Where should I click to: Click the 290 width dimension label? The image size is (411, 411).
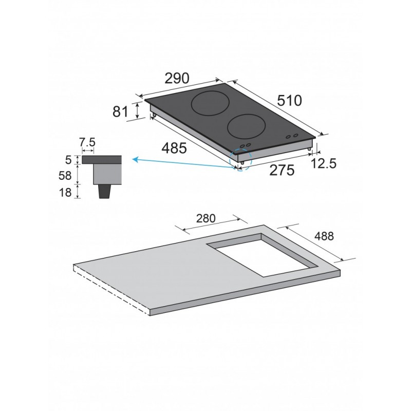(177, 78)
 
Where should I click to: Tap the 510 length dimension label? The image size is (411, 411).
(289, 100)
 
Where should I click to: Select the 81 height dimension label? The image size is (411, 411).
(120, 111)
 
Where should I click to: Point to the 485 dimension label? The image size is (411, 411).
(174, 148)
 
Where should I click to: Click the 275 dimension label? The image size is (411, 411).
(282, 171)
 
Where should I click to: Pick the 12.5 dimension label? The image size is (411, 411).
(324, 163)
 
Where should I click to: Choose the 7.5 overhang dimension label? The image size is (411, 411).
(87, 143)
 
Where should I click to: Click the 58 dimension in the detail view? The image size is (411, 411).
(65, 175)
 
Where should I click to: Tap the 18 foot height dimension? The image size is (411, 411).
(65, 193)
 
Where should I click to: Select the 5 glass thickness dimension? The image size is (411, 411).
(68, 160)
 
